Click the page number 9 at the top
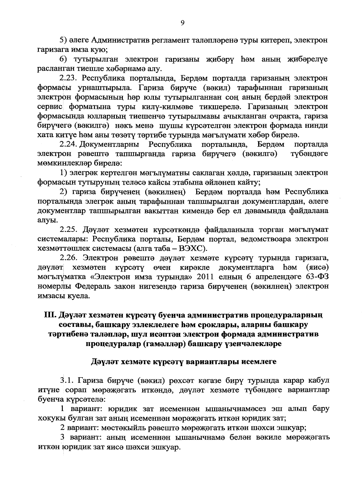(182, 23)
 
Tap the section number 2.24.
(68, 144)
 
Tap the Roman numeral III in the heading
(49, 315)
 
